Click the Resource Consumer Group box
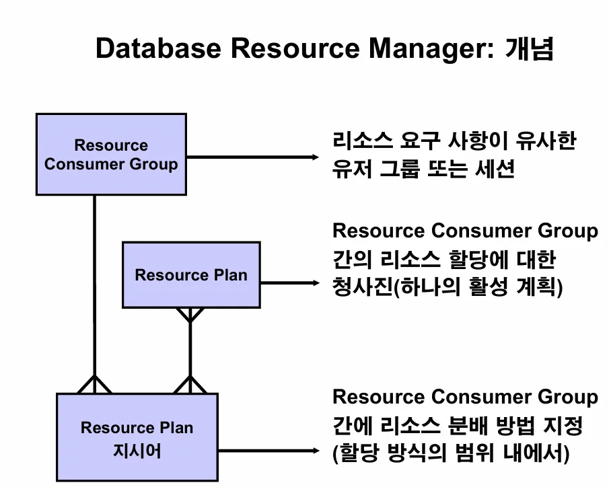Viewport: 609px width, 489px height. [x=111, y=155]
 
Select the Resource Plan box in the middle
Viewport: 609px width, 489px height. [x=191, y=274]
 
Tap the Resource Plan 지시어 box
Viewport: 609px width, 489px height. [x=137, y=438]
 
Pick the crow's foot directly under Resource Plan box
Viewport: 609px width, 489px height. [x=190, y=315]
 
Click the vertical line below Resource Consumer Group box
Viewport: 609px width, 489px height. [x=94, y=283]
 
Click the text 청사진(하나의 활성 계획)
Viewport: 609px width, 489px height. [x=447, y=288]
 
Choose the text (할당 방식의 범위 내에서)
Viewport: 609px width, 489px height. [x=451, y=453]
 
